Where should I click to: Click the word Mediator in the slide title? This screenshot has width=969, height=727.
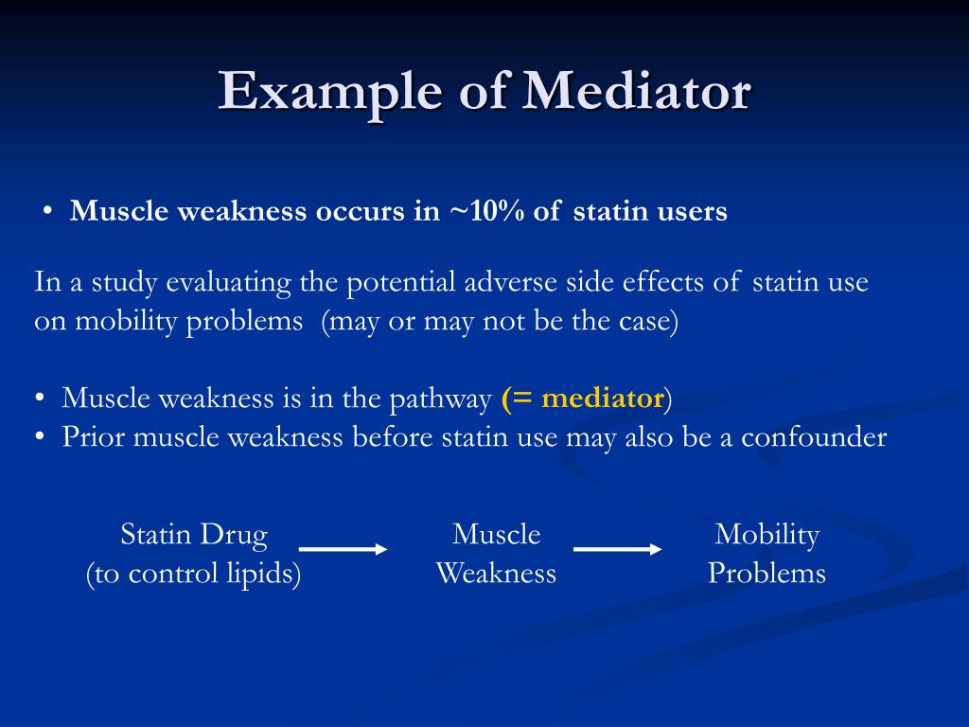(637, 92)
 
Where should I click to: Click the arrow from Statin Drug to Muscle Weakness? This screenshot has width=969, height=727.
(343, 549)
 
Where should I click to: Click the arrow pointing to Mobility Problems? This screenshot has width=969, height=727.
(617, 549)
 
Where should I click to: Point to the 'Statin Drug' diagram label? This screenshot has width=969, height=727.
(194, 535)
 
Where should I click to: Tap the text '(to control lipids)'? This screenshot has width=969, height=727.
(194, 574)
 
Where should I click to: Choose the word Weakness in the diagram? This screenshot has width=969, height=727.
(496, 574)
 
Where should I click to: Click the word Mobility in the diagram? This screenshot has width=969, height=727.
(766, 535)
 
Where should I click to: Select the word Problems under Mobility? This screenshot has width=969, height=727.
(766, 574)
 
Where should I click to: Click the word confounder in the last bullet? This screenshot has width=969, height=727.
(814, 437)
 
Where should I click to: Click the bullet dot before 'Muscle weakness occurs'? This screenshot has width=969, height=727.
(46, 212)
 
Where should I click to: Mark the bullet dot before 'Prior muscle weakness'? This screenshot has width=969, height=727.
(40, 437)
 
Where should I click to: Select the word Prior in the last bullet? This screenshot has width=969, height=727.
(93, 437)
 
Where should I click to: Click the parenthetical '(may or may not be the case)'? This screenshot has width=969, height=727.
(500, 321)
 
